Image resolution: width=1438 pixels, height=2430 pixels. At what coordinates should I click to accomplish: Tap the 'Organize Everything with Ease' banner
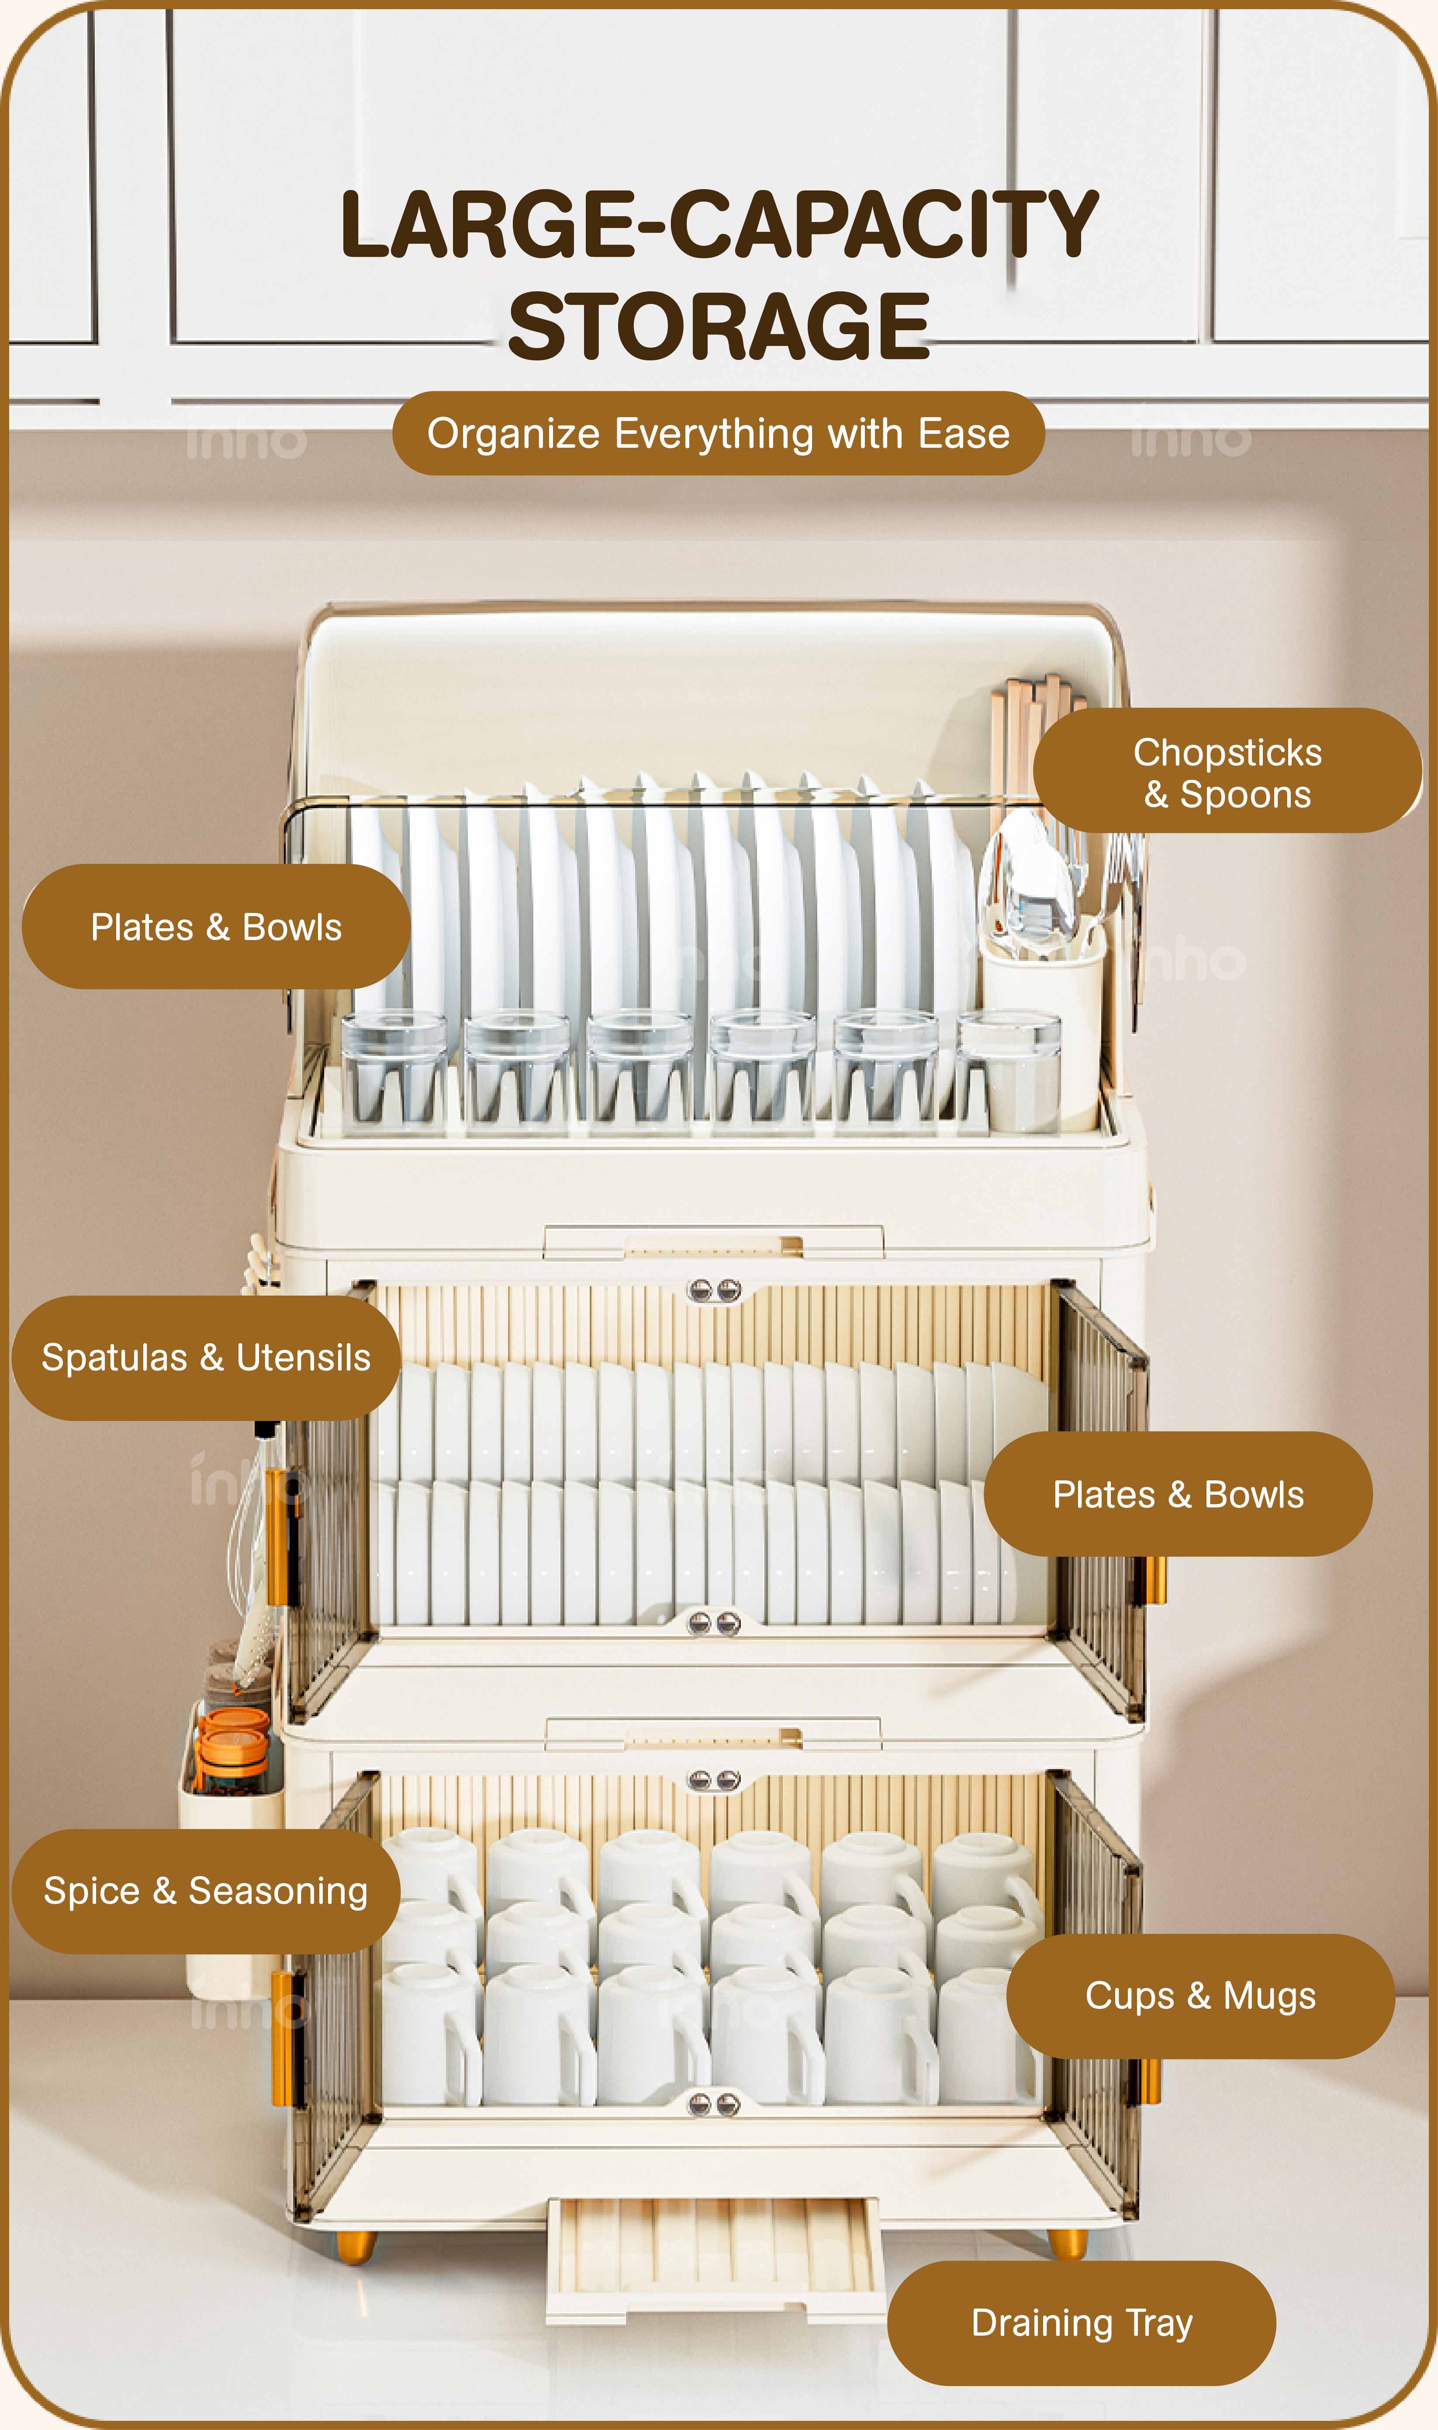pyautogui.click(x=718, y=433)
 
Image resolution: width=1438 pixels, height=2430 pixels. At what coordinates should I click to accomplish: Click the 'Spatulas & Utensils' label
pyautogui.click(x=205, y=1358)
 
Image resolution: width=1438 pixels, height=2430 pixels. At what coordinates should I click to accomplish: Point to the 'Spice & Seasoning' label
pyautogui.click(x=205, y=1891)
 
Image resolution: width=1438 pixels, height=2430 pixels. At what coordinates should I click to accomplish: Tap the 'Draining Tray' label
pyautogui.click(x=1082, y=2323)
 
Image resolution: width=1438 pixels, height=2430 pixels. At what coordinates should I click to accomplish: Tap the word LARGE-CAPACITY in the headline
pyautogui.click(x=719, y=225)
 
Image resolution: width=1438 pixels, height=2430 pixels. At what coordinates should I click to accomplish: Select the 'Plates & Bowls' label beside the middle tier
pyautogui.click(x=1178, y=1494)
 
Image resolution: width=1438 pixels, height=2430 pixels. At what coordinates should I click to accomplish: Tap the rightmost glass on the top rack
pyautogui.click(x=1009, y=1071)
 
